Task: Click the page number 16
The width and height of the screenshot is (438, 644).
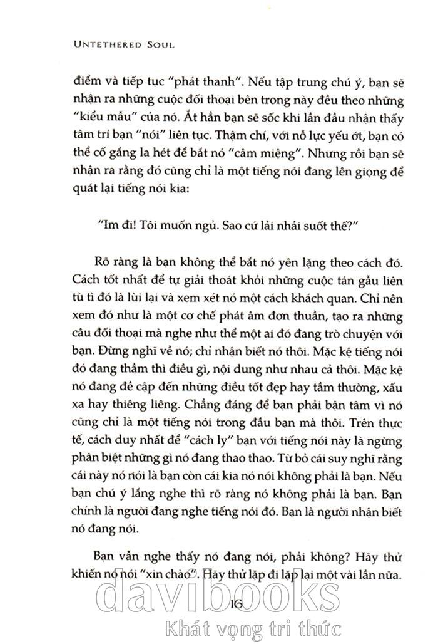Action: pos(240,605)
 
